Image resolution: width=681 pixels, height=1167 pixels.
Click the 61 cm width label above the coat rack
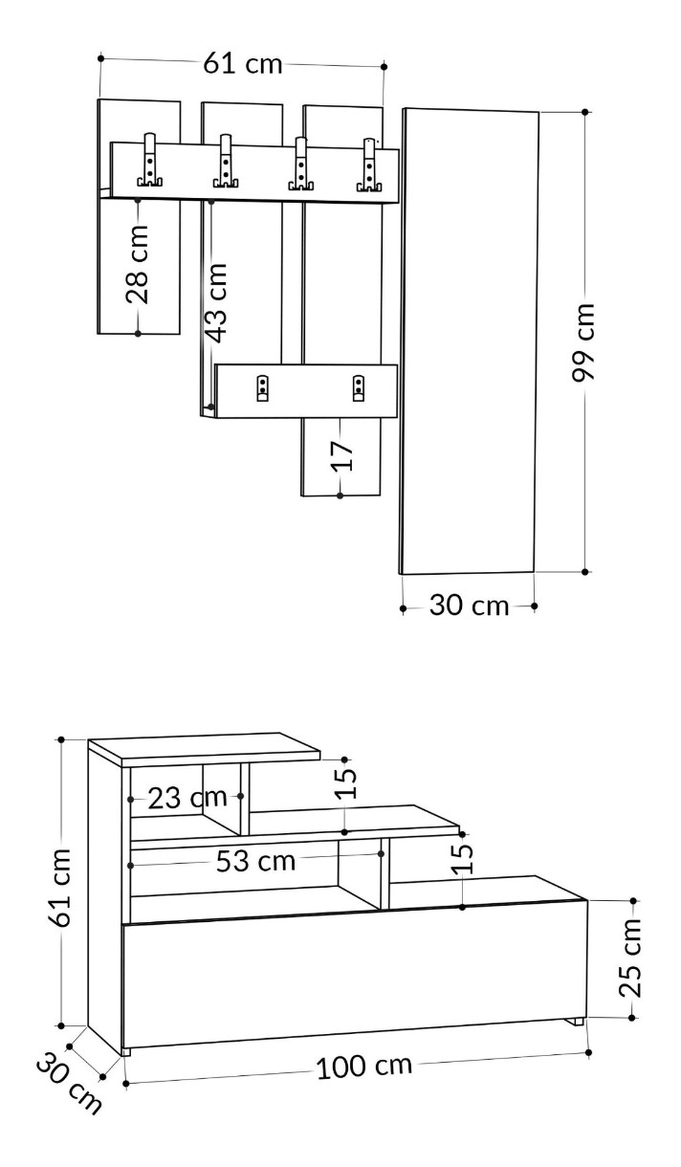(x=243, y=64)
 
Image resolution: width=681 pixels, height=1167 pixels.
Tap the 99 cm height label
(x=582, y=341)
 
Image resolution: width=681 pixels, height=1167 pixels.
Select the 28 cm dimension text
(x=138, y=264)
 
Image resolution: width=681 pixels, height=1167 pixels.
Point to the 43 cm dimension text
(x=215, y=303)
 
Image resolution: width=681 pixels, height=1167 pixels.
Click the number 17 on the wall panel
(x=342, y=456)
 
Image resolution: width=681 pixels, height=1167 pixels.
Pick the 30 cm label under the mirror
(x=469, y=606)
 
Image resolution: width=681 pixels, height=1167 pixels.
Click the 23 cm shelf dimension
(x=187, y=798)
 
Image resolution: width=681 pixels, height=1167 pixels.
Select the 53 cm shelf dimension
(x=255, y=861)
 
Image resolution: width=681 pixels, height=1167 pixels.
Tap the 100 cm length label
(x=364, y=1066)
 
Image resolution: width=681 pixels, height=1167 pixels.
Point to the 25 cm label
(x=630, y=958)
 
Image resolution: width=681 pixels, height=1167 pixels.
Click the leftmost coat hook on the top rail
(x=149, y=160)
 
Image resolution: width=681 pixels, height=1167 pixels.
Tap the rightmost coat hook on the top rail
(x=369, y=165)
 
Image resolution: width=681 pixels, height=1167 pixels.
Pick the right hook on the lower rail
(x=359, y=388)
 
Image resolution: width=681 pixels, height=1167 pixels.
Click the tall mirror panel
(x=470, y=341)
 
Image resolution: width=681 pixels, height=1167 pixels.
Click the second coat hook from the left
(x=226, y=161)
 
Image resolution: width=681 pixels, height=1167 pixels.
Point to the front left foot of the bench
(x=125, y=1052)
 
